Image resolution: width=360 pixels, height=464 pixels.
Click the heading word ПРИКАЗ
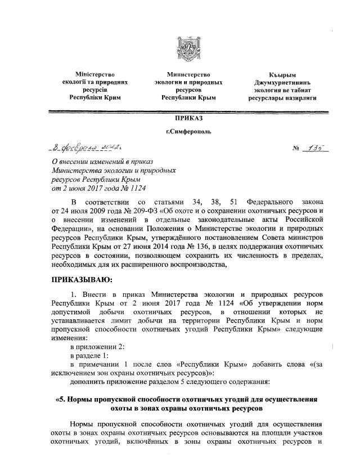(x=184, y=120)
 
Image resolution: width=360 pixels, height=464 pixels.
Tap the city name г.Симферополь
(x=184, y=133)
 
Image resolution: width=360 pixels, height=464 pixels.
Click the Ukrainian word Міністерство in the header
(x=95, y=74)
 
